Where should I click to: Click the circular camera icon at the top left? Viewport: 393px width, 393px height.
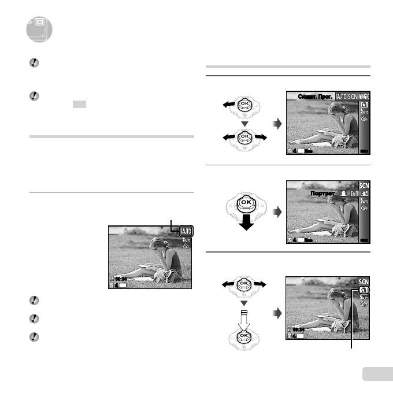pos(39,29)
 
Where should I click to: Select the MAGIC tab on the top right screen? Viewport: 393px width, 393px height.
pos(364,96)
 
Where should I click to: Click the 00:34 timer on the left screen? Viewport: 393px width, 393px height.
pos(120,278)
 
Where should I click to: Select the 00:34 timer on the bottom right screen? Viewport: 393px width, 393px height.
pos(298,329)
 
